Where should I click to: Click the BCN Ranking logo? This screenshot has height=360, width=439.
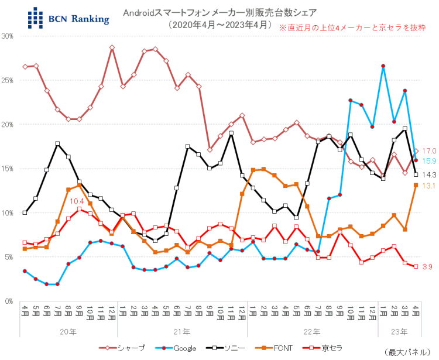tap(68, 18)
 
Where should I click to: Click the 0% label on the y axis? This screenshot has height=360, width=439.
tap(10, 301)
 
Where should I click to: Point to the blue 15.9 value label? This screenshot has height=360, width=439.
tap(430, 161)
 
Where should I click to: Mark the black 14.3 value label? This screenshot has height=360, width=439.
tap(430, 174)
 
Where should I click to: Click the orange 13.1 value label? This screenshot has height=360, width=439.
tap(430, 186)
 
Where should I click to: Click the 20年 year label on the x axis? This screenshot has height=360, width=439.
tap(70, 331)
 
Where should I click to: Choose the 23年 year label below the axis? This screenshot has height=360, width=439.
tap(399, 331)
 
